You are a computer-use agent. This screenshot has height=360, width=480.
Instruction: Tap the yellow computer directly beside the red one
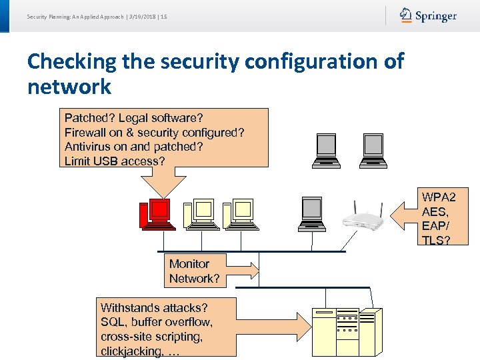pos(199,213)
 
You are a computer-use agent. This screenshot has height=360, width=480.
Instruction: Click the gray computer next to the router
pos(312,212)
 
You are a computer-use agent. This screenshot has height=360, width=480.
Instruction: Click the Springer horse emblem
pos(405,15)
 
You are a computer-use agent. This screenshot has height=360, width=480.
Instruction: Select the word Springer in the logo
pos(436,16)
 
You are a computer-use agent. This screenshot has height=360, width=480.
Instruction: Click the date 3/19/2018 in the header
pos(141,16)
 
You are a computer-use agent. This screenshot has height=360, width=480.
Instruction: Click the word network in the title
pos(69,87)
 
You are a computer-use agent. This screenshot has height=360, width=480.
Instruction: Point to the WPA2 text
pos(439,197)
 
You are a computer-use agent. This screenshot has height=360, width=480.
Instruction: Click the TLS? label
pos(436,240)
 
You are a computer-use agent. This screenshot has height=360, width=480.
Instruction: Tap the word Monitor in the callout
pos(189,264)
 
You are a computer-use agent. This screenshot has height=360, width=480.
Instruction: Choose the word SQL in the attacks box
pos(112,322)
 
